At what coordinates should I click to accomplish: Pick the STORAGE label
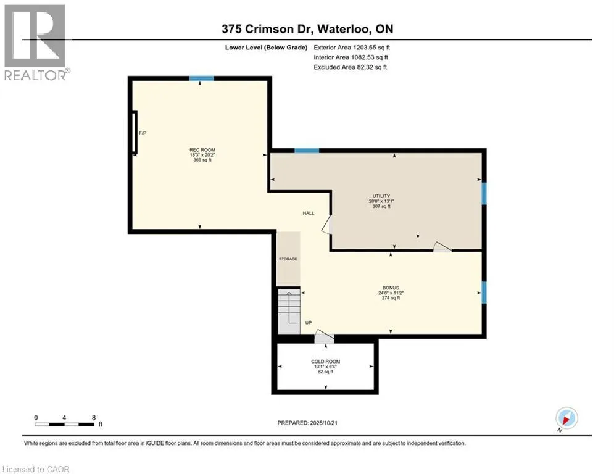click(x=288, y=259)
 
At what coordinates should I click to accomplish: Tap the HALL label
click(x=308, y=213)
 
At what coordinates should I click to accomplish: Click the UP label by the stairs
click(x=309, y=322)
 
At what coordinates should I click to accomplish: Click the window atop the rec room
click(x=201, y=78)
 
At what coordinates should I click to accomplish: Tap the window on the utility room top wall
click(x=307, y=151)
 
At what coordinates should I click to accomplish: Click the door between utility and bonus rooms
click(x=442, y=247)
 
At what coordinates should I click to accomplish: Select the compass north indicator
click(x=566, y=418)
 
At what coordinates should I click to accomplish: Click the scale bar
click(x=64, y=424)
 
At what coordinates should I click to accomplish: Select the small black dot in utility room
click(x=418, y=236)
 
